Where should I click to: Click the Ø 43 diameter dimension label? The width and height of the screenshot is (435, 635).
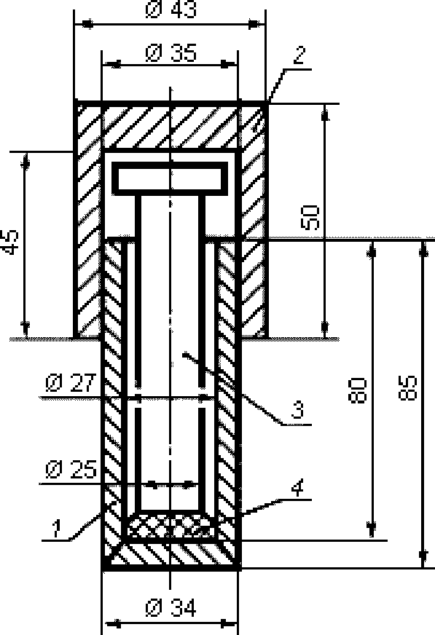point(171,9)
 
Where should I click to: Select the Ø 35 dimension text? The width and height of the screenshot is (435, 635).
point(171,52)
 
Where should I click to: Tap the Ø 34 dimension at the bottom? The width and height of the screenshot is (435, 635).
point(171,608)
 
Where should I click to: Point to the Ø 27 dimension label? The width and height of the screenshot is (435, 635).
point(71,383)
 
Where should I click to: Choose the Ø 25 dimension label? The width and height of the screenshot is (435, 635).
point(71,470)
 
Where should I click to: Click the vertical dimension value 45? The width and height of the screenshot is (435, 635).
point(11,242)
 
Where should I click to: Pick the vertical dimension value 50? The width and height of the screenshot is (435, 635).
point(310,218)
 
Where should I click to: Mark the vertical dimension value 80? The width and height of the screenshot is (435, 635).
point(357,390)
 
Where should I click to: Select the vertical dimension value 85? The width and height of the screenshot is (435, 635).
point(407,388)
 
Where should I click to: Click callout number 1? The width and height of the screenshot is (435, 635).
point(56,529)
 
